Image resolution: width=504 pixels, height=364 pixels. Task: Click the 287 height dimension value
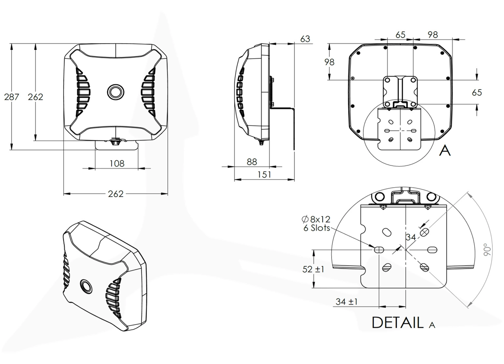(x=11, y=97)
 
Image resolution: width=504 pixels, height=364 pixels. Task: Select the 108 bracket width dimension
(x=117, y=164)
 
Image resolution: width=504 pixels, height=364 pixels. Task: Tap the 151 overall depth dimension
(x=264, y=174)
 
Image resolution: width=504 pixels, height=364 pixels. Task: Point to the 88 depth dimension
(x=252, y=162)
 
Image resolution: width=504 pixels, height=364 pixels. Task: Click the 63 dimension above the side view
(x=305, y=39)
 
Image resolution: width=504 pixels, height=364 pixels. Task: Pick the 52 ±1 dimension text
(x=313, y=269)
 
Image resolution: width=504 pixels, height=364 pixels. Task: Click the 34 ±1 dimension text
(x=346, y=302)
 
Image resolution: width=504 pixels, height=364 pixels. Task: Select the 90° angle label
(x=487, y=249)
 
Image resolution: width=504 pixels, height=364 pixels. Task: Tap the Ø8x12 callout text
(x=316, y=219)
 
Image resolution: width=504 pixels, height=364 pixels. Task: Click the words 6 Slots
(x=317, y=228)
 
